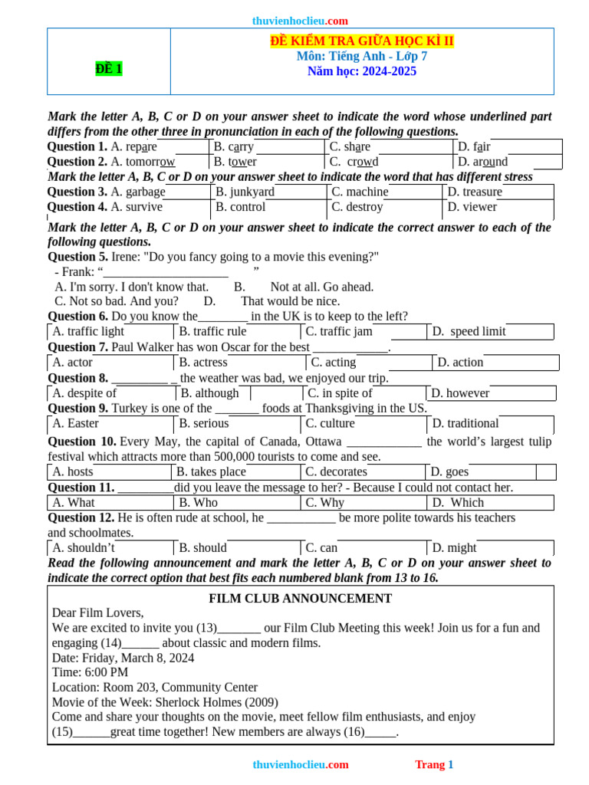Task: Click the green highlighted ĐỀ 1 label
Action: (109, 69)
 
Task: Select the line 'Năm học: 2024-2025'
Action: (362, 71)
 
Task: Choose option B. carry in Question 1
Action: (234, 146)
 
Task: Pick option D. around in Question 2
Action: (482, 162)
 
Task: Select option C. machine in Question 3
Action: (360, 192)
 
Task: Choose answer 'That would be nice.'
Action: (290, 301)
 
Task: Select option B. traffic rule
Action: (212, 331)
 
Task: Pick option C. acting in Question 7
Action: (334, 362)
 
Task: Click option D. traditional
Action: (466, 423)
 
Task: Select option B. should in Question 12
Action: (203, 547)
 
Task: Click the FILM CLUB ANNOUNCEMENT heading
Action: (301, 599)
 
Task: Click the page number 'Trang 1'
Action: (434, 764)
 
